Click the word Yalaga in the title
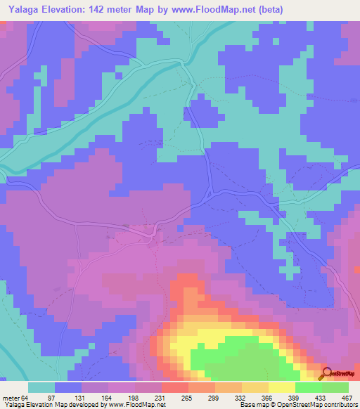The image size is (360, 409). click(22, 8)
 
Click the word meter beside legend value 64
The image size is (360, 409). click(13, 396)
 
